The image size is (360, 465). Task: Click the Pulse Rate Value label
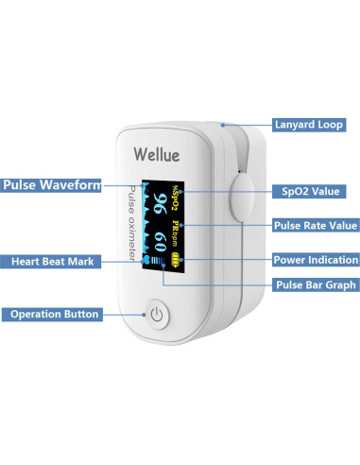[x=316, y=225]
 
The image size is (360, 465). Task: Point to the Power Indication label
[x=316, y=259]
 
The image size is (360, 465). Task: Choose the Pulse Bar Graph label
[x=315, y=284]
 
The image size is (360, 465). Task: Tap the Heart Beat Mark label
[x=53, y=261]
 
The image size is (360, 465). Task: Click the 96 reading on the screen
[x=163, y=204]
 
